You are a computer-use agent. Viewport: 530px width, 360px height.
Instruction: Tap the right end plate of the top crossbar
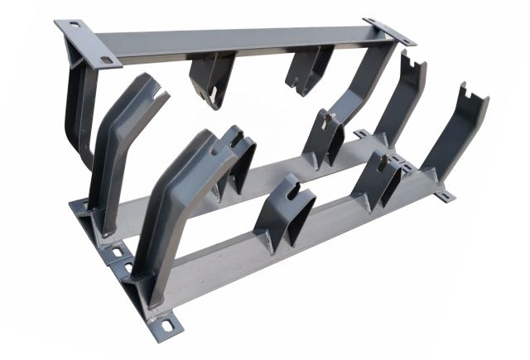click(x=389, y=32)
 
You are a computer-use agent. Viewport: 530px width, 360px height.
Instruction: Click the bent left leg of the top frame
click(x=73, y=108)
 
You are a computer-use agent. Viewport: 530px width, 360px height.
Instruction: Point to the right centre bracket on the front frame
click(x=381, y=178)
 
